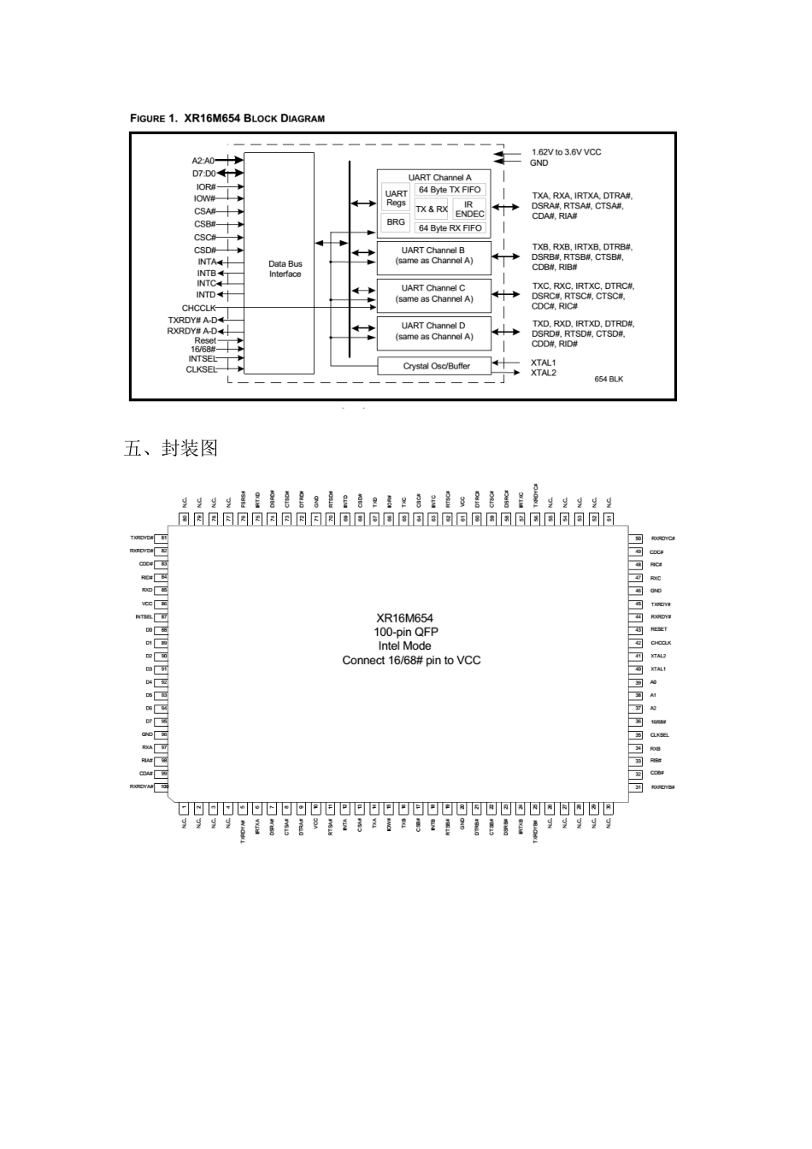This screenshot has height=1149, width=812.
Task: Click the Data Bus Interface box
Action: pyautogui.click(x=279, y=263)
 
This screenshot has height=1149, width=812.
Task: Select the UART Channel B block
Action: pyautogui.click(x=434, y=256)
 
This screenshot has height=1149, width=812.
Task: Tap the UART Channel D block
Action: pyautogui.click(x=434, y=332)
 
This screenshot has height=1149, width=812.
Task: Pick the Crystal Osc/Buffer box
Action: pyautogui.click(x=436, y=366)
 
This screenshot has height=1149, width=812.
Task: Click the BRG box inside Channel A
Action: pyautogui.click(x=396, y=222)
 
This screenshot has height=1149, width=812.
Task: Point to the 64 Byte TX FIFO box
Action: pyautogui.click(x=450, y=190)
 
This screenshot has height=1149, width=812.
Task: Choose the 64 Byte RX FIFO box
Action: pyautogui.click(x=450, y=228)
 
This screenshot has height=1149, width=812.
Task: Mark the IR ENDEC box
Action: pyautogui.click(x=469, y=209)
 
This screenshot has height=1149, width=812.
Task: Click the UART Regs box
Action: pyautogui.click(x=396, y=198)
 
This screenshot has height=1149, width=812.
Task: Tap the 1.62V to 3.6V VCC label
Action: pyautogui.click(x=566, y=152)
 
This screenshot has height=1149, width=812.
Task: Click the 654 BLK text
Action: pyautogui.click(x=609, y=379)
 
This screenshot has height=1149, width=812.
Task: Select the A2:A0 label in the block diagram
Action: pyautogui.click(x=203, y=160)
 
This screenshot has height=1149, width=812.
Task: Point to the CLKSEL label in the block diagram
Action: pyautogui.click(x=201, y=370)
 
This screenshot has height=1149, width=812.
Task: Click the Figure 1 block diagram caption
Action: pyautogui.click(x=227, y=118)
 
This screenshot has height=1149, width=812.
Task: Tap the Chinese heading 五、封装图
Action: pyautogui.click(x=171, y=448)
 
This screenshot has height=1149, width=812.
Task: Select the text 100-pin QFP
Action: pyautogui.click(x=410, y=632)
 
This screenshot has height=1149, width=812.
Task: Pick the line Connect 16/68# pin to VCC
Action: pyautogui.click(x=411, y=661)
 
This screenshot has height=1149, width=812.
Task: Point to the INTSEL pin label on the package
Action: pyautogui.click(x=144, y=616)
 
